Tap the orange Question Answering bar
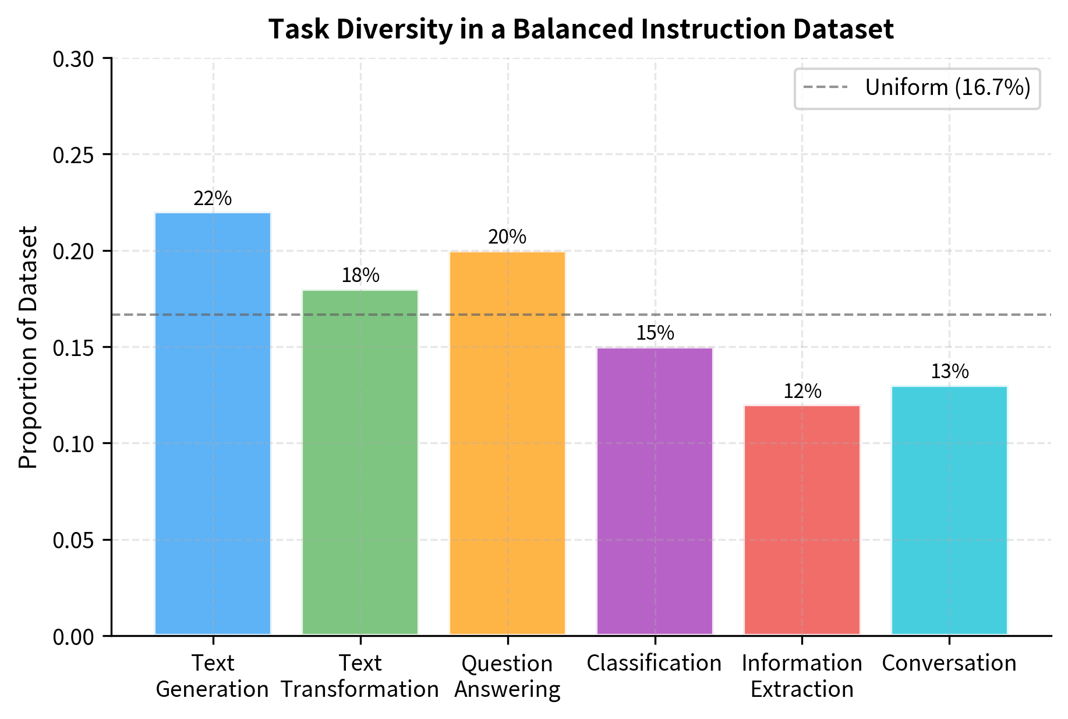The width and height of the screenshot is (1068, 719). click(x=507, y=443)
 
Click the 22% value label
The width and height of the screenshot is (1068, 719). click(x=213, y=199)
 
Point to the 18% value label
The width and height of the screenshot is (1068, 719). click(x=360, y=276)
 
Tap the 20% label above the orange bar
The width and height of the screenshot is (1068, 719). click(x=507, y=237)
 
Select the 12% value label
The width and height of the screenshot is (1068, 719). click(x=802, y=392)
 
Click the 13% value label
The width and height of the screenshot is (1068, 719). click(x=949, y=372)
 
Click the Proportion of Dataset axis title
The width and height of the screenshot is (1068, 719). click(x=28, y=347)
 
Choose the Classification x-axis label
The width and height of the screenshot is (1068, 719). click(x=655, y=663)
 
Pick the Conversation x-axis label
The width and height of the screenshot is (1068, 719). click(x=949, y=663)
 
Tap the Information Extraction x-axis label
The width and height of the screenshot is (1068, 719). click(x=802, y=676)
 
